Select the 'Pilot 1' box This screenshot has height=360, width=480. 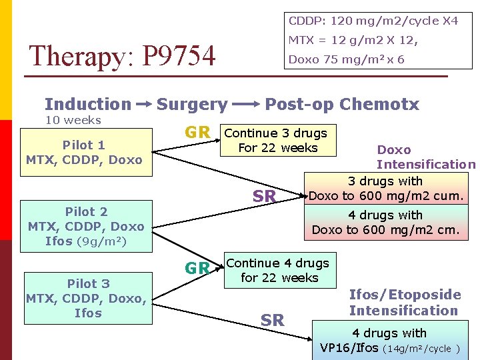(x=84, y=153)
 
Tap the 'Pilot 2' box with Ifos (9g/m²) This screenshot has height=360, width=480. (x=86, y=226)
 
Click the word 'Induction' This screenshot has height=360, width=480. (x=88, y=104)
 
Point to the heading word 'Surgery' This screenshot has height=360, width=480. (x=191, y=104)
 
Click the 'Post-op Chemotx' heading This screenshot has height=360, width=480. (x=342, y=104)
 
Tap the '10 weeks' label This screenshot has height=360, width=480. (x=73, y=120)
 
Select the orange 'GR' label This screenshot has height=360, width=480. (x=198, y=133)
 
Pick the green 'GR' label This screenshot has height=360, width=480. (x=197, y=269)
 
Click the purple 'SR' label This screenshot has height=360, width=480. (x=265, y=195)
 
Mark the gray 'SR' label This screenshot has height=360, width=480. (x=273, y=321)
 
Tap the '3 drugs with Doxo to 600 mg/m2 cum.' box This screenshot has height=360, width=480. (x=386, y=189)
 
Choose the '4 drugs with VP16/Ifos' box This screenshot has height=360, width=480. (x=389, y=341)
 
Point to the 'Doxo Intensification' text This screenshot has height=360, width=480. (x=425, y=157)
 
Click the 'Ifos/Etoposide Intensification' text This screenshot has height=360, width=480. (x=405, y=303)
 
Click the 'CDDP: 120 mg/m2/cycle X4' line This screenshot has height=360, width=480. (x=373, y=21)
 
